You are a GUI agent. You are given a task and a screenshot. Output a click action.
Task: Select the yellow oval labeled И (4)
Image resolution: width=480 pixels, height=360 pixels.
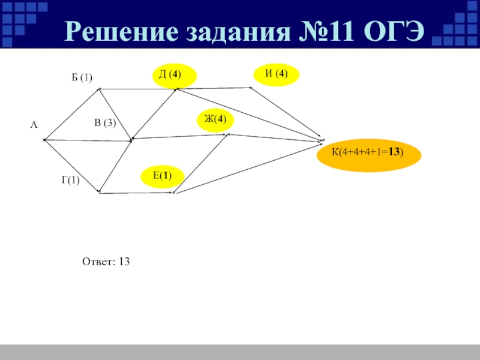277,74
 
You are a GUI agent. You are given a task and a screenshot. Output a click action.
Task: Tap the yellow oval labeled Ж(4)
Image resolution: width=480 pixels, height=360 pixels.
215,119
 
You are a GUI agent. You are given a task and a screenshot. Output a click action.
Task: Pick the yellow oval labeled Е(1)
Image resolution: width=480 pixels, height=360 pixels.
162,176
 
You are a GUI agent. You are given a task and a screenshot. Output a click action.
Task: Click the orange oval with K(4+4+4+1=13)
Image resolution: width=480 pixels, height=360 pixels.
368,152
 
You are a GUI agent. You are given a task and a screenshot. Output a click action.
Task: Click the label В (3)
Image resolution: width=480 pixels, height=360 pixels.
104,123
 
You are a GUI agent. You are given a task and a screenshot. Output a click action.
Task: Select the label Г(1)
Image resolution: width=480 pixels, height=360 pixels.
70,180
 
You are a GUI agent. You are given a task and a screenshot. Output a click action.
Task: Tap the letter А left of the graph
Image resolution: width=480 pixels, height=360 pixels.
34,125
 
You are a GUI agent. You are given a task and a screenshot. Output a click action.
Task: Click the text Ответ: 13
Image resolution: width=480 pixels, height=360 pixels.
106,262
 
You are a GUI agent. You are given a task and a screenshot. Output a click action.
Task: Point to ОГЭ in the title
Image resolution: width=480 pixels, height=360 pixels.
394,31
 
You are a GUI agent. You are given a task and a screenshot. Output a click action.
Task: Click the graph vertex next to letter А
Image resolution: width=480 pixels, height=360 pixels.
45,140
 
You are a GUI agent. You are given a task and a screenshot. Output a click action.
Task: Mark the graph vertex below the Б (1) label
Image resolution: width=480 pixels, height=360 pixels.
99,90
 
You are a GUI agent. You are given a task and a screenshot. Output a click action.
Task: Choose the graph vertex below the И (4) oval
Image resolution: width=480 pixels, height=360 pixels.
251,88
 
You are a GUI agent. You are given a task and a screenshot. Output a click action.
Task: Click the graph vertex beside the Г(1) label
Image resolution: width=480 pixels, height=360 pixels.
99,193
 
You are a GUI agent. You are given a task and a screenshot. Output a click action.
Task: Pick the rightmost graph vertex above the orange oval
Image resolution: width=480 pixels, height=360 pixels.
322,140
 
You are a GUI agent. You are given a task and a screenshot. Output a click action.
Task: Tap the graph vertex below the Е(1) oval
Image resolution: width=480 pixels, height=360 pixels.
174,193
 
